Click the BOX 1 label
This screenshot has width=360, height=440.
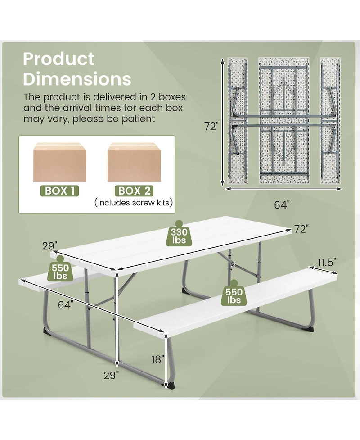(x=59, y=191)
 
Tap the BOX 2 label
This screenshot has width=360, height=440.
(x=134, y=191)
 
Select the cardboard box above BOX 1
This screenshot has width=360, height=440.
(x=60, y=162)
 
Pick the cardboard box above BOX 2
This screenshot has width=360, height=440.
(x=134, y=162)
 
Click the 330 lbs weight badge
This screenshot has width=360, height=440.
(x=179, y=234)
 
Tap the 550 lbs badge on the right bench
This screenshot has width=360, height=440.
(x=234, y=293)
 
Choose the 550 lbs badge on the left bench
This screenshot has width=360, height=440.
(x=60, y=269)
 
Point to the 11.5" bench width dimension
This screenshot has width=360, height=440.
(x=327, y=263)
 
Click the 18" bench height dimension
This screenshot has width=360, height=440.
(x=158, y=359)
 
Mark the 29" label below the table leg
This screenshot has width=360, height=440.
(x=111, y=375)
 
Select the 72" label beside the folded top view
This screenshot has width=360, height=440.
(x=211, y=127)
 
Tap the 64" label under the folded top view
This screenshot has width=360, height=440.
(x=282, y=205)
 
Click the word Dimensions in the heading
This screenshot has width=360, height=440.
(x=77, y=79)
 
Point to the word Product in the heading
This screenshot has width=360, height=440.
(x=59, y=59)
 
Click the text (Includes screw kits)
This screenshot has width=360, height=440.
(x=134, y=203)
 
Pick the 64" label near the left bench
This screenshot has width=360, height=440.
(x=66, y=305)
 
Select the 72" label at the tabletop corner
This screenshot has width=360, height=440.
(x=301, y=229)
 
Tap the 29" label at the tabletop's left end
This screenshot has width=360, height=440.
(x=50, y=246)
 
